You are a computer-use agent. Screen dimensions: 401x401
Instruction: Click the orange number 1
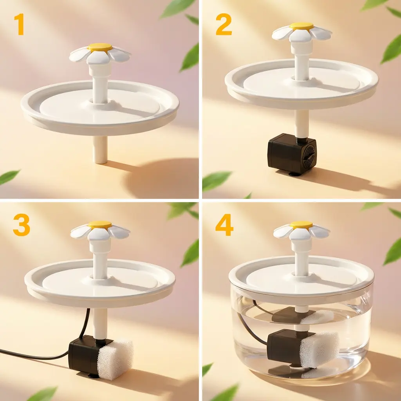point(20,25)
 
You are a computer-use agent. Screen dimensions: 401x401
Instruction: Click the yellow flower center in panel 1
point(100,47)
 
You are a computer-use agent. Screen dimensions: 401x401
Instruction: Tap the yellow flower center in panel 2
point(302,26)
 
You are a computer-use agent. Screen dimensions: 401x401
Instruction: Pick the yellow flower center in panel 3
point(100,224)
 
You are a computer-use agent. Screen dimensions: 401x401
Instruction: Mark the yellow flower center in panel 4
point(301,224)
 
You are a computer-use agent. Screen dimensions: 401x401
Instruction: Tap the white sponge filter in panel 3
point(116,359)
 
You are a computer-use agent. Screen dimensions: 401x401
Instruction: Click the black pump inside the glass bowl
point(284,347)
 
